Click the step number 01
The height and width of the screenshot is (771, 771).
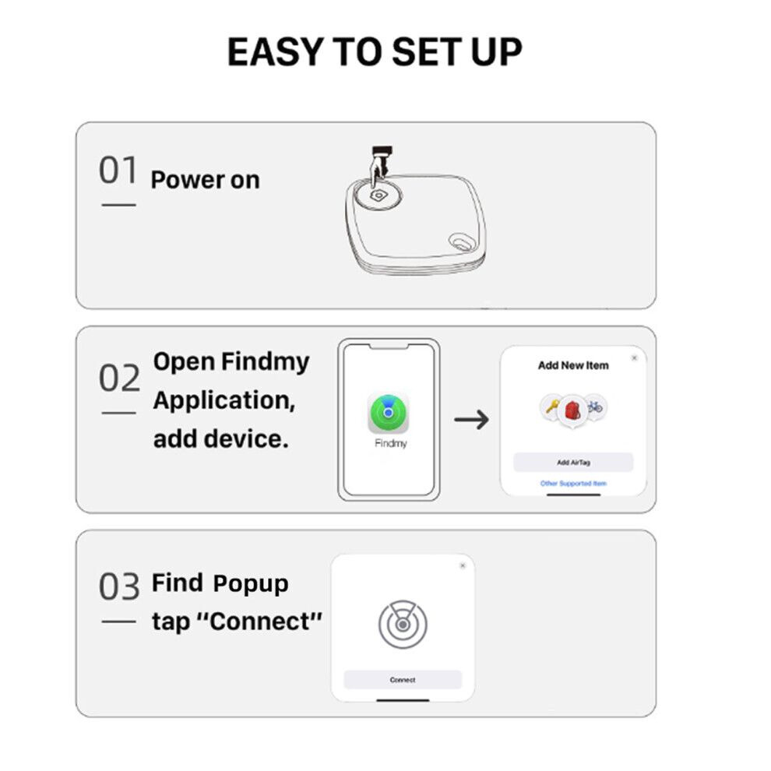tap(118, 170)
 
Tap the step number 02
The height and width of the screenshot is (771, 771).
tap(119, 378)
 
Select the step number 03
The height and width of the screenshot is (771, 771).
tap(119, 586)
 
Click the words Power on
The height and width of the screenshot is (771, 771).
tap(205, 180)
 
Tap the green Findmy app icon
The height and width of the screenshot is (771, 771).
tap(389, 413)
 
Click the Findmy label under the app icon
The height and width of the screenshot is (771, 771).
tap(391, 443)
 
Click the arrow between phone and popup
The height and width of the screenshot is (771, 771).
tap(471, 420)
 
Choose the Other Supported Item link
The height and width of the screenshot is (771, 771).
tap(573, 484)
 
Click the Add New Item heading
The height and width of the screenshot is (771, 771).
tap(573, 365)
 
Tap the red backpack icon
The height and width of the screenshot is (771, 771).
tap(573, 410)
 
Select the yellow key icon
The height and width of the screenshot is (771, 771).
tap(551, 407)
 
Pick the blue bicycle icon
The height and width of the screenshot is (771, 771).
tap(595, 407)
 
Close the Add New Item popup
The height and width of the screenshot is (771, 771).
tap(634, 358)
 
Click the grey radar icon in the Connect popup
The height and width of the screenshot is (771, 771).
tap(403, 624)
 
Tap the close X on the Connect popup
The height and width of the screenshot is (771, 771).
tap(463, 565)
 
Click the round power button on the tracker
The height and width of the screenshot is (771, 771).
tap(378, 195)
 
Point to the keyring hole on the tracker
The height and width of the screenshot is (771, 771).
tap(461, 241)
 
